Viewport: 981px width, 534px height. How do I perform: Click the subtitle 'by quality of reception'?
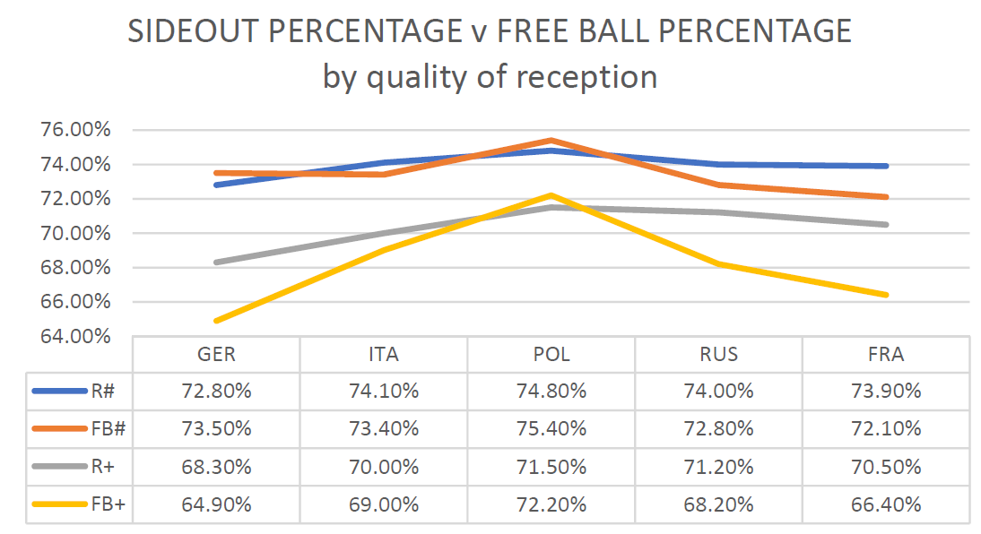(490, 77)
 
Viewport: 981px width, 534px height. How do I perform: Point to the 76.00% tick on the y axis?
(75, 130)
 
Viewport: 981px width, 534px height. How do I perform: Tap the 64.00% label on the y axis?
(75, 336)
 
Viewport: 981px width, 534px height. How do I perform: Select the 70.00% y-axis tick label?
(75, 233)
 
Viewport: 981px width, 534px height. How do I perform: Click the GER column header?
(216, 354)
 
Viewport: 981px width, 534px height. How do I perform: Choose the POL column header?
(551, 354)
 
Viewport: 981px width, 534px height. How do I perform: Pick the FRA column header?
(885, 354)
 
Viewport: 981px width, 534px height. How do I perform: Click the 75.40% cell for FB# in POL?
(551, 428)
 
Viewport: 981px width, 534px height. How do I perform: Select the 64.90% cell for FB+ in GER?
(216, 504)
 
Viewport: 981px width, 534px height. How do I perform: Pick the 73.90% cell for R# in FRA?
(885, 391)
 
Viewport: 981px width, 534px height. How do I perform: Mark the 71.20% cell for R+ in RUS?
(718, 466)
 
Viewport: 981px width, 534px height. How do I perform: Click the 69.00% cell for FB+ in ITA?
(384, 504)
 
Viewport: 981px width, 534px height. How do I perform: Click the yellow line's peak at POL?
(551, 195)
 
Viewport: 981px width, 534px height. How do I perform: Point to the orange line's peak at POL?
(551, 140)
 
